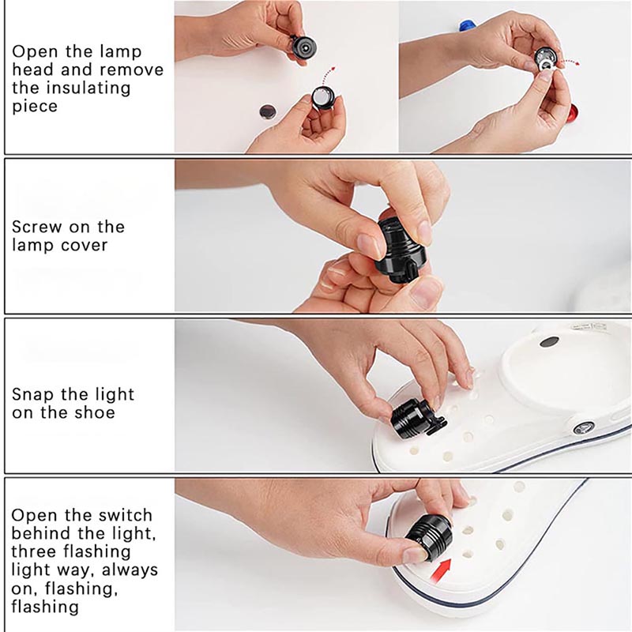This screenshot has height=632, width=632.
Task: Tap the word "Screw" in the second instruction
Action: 37,227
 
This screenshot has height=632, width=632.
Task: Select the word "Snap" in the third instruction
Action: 33,395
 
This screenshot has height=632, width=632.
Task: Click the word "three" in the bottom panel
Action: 33,551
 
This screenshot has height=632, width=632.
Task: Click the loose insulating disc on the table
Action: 268,111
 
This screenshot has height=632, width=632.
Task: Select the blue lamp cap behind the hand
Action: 466,27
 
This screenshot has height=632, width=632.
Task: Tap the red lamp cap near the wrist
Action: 574,115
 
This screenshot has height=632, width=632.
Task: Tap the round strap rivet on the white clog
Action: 583,427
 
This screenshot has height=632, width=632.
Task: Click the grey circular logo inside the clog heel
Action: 549,343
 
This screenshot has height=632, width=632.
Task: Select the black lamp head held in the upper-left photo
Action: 303,48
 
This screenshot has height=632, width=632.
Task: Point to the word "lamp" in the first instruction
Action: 121,52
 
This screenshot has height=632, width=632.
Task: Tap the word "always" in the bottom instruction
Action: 130,570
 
